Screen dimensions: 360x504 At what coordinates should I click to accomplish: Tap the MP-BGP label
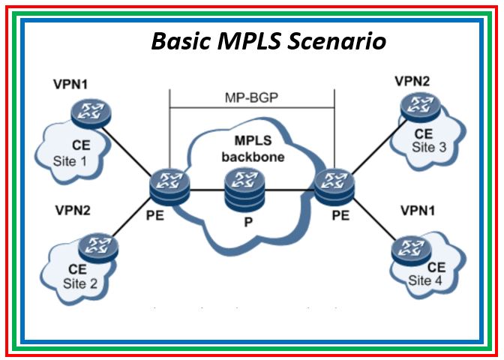(252, 98)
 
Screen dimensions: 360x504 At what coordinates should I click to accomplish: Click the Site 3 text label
(428, 147)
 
